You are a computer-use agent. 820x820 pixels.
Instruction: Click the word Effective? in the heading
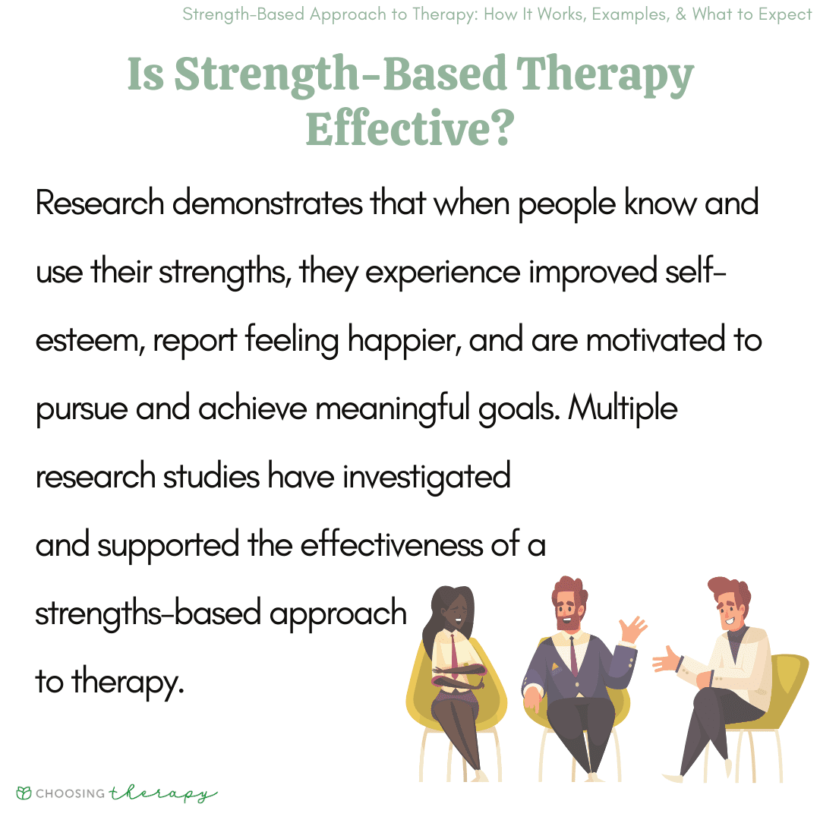pos(410,128)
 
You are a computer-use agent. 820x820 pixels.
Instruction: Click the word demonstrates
pos(267,203)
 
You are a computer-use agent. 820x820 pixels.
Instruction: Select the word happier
pos(404,341)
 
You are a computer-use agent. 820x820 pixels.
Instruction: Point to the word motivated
pos(656,340)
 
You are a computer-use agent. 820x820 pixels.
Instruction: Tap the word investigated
pos(426,477)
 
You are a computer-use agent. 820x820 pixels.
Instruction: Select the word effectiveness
pos(392,545)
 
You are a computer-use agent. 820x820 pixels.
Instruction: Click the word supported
pos(169,546)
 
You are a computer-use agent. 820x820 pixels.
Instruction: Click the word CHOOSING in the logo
pos(71,793)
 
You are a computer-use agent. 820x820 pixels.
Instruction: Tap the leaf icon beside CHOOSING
pos(24,793)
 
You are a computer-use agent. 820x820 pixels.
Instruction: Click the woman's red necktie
pos(454,655)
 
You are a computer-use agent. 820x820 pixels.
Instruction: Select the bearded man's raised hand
pos(632,629)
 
